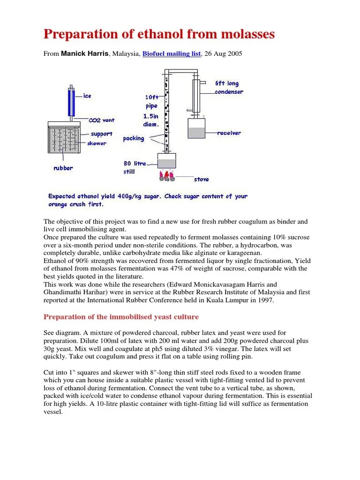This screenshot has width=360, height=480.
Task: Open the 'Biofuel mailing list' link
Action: [172, 54]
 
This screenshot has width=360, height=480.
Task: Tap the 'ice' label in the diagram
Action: [87, 96]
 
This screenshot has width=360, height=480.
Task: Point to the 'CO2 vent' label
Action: [101, 120]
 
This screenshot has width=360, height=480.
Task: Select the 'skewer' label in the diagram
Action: [97, 143]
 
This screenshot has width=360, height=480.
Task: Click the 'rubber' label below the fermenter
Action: [63, 168]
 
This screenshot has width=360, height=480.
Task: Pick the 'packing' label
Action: [133, 139]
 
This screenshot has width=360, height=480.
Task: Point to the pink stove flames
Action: [166, 176]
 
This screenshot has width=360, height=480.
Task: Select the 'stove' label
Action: [201, 179]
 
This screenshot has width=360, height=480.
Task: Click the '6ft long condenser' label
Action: [229, 88]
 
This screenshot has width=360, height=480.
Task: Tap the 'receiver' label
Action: [229, 133]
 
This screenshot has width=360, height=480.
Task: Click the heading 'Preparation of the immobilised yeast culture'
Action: [121, 317]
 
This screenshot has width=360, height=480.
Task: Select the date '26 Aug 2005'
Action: [223, 54]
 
